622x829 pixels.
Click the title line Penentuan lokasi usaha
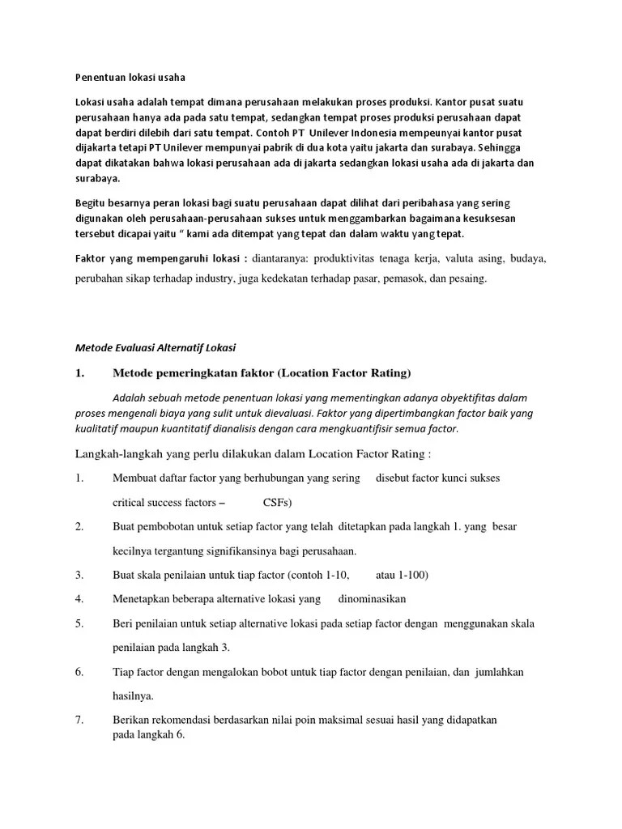coord(130,78)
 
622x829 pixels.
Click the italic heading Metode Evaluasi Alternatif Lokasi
coord(155,348)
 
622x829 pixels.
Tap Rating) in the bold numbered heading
coord(389,372)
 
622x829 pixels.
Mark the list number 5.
coord(79,623)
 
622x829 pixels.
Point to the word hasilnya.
coord(133,695)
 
